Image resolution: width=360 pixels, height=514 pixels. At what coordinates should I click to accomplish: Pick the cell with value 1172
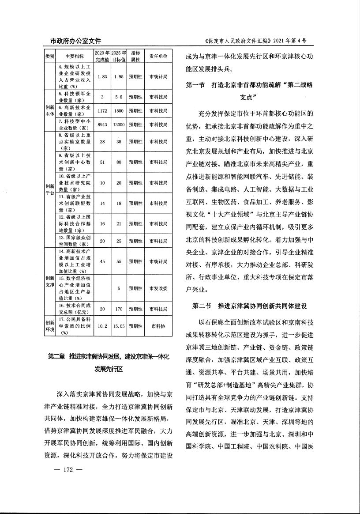pyautogui.click(x=101, y=111)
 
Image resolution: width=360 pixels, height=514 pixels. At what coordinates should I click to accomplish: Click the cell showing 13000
pyautogui.click(x=119, y=125)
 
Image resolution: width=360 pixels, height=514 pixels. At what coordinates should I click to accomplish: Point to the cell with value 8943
pyautogui.click(x=101, y=125)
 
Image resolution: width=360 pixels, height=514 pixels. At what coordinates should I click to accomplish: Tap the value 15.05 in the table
pyautogui.click(x=119, y=326)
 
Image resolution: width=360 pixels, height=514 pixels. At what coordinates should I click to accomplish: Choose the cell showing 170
pyautogui.click(x=119, y=309)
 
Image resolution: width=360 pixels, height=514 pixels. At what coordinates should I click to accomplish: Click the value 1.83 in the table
pyautogui.click(x=101, y=76)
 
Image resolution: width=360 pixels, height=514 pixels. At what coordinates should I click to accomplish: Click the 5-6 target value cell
pyautogui.click(x=119, y=97)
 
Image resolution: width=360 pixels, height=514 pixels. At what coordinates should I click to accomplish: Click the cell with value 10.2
pyautogui.click(x=101, y=326)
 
